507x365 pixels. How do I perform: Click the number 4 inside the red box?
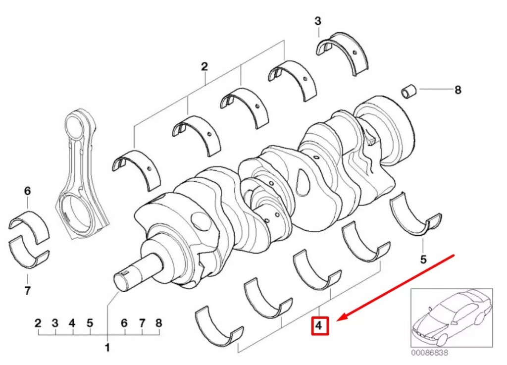pos(319,326)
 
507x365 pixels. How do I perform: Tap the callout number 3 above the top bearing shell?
pos(318,21)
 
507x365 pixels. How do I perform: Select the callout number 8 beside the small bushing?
pos(457,90)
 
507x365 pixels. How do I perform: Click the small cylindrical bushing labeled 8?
pos(409,92)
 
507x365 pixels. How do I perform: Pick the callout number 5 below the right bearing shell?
pos(423,258)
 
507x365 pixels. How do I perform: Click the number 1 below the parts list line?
pos(106,348)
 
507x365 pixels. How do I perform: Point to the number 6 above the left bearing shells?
pos(28,190)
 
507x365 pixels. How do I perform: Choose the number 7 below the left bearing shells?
pos(28,290)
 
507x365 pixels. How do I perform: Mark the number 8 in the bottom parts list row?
pos(158,323)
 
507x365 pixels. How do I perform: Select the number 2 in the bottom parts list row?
pos(38,323)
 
